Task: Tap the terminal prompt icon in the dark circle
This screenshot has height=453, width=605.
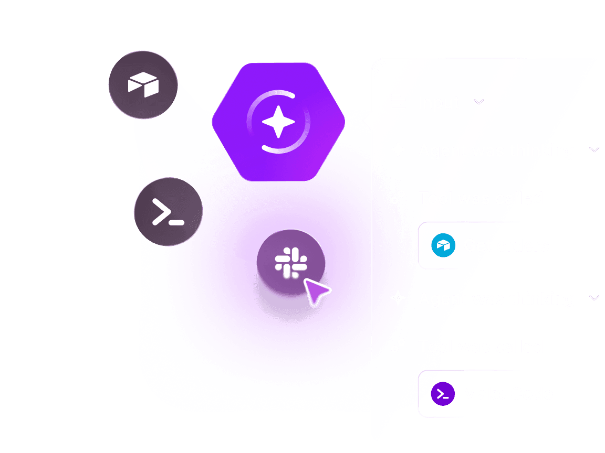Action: [168, 212]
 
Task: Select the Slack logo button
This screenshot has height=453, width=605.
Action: [290, 262]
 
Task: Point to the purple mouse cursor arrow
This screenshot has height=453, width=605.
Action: [317, 291]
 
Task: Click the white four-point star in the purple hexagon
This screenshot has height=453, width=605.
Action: [278, 122]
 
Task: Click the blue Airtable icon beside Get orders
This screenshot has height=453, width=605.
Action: [443, 245]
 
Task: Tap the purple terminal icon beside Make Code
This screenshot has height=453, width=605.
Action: [443, 394]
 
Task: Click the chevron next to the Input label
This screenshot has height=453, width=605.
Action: [478, 102]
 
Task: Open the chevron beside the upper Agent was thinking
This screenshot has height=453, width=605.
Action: [594, 150]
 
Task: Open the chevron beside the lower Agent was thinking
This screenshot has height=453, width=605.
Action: [594, 298]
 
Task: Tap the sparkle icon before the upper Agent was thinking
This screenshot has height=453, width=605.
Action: [398, 150]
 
